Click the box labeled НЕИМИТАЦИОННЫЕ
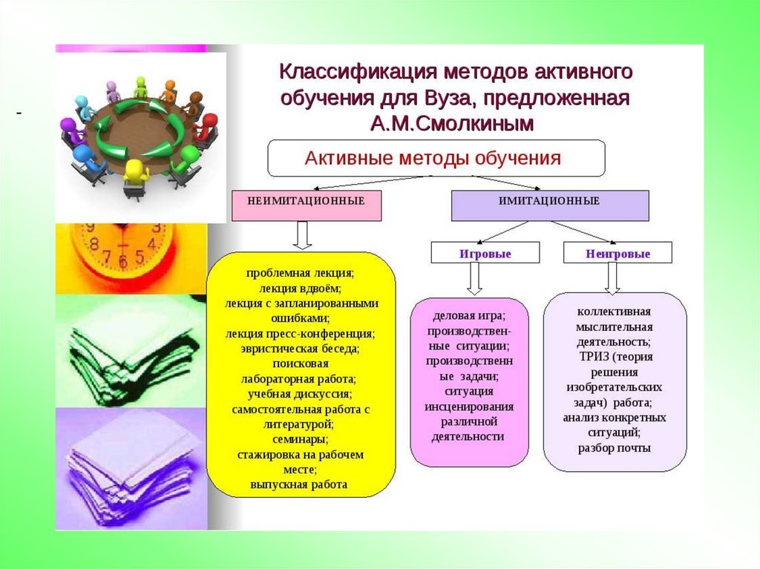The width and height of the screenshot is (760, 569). click(x=307, y=205)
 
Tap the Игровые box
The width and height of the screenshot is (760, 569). click(x=474, y=254)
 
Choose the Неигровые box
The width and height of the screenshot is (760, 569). click(x=617, y=254)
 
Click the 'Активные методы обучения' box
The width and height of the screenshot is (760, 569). click(x=436, y=158)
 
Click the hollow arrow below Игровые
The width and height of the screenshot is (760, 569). click(x=475, y=279)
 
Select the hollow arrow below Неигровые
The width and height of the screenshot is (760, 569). click(x=612, y=277)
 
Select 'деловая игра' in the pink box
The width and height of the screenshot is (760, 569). click(x=469, y=315)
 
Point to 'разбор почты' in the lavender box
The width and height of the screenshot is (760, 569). click(x=615, y=448)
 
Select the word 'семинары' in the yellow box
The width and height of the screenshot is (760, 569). click(x=300, y=439)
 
